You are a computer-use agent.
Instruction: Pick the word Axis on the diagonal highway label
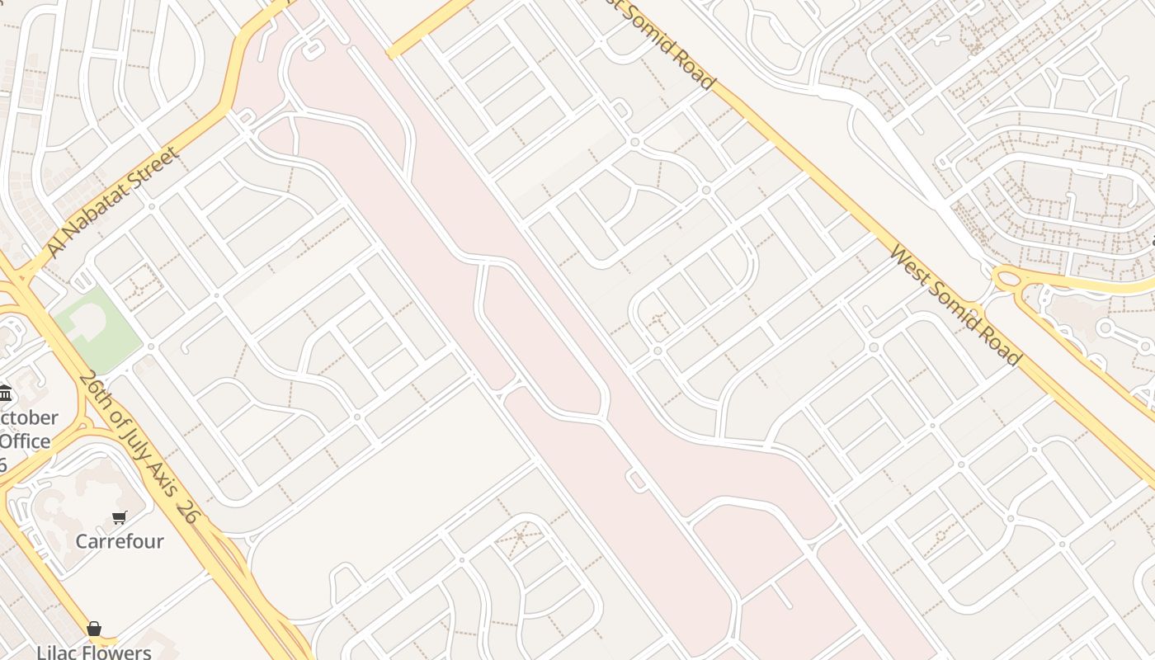(x=164, y=481)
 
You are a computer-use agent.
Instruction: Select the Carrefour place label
(x=120, y=541)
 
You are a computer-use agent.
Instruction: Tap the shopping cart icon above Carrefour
(x=120, y=517)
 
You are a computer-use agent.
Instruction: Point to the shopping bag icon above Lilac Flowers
(x=94, y=629)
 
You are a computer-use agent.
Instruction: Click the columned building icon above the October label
(x=5, y=392)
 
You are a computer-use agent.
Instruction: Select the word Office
(x=25, y=441)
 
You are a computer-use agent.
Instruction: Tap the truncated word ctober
(x=29, y=417)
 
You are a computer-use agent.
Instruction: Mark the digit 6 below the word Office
(x=3, y=464)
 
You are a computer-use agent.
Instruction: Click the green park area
(x=111, y=346)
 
